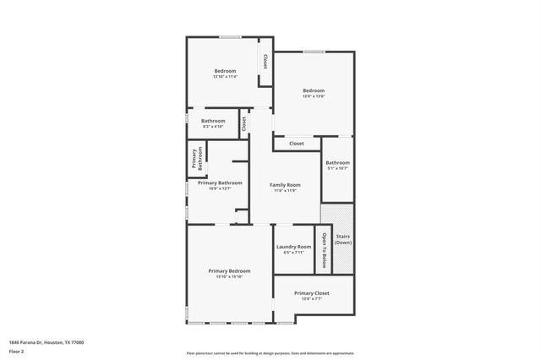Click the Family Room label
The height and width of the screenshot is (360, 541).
pos(285,184)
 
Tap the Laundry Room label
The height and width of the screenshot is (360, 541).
pos(293,247)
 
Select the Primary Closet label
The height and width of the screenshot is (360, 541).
pos(311,293)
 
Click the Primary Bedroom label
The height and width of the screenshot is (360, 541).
pos(229,270)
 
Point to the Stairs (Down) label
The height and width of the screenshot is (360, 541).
pos(343,239)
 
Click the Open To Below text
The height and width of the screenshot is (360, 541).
pos(323,248)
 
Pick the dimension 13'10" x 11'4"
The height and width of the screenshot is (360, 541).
pos(225,77)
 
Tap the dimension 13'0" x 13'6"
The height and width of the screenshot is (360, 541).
pos(314,96)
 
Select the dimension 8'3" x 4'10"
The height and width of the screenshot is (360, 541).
pos(213,127)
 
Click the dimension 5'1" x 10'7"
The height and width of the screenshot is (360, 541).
pos(337,168)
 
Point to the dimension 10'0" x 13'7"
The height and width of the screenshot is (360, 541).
pos(220,188)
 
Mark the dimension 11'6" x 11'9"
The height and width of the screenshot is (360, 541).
pos(285,190)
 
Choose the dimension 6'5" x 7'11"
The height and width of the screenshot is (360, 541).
pos(293,253)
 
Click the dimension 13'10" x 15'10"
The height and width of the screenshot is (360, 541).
pos(229,276)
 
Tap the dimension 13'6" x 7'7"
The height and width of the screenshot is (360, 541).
pos(311,299)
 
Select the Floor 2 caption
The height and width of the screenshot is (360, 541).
pos(18,351)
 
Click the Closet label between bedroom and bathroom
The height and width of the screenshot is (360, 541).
pos(244,123)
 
